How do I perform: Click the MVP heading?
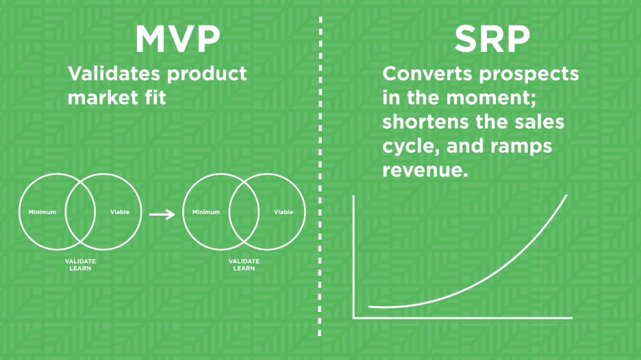click(x=178, y=39)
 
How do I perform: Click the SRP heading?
click(x=492, y=39)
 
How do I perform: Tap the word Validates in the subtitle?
click(x=114, y=73)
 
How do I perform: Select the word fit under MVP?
click(x=155, y=97)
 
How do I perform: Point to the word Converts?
click(x=427, y=73)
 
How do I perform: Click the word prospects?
click(x=529, y=75)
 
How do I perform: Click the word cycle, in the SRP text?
click(x=412, y=147)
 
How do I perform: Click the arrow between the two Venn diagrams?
click(x=162, y=214)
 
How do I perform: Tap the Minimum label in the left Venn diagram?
click(x=42, y=212)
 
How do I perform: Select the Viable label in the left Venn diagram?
click(x=120, y=212)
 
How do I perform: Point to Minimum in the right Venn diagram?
click(x=206, y=212)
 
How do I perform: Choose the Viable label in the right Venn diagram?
click(x=284, y=212)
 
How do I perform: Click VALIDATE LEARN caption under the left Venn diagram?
click(x=80, y=265)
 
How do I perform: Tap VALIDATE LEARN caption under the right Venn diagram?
click(x=244, y=265)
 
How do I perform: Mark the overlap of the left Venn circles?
click(x=80, y=211)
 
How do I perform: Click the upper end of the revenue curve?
click(x=566, y=195)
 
